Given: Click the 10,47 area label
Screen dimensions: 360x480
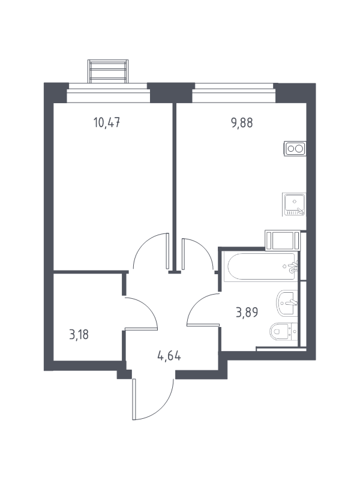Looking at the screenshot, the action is (107, 123).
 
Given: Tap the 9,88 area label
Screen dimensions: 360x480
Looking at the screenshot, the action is (242, 123).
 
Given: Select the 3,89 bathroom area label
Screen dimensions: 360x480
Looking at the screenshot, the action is (247, 313).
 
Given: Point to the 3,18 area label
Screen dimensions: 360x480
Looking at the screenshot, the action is (79, 335).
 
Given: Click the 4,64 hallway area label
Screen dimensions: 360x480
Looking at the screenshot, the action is (169, 356).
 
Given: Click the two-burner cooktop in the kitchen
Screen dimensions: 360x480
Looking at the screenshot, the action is (295, 149).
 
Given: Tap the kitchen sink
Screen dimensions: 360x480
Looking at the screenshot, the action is (294, 205).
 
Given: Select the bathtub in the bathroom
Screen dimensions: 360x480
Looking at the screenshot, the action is (260, 266).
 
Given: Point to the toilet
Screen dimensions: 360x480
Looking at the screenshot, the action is (283, 332).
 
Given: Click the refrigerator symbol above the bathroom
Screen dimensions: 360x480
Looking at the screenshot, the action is (282, 241).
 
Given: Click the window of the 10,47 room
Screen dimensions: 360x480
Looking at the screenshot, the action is (109, 93).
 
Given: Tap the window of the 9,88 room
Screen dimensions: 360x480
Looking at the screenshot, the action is (234, 93).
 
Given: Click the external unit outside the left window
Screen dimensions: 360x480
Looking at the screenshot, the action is (108, 71).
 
